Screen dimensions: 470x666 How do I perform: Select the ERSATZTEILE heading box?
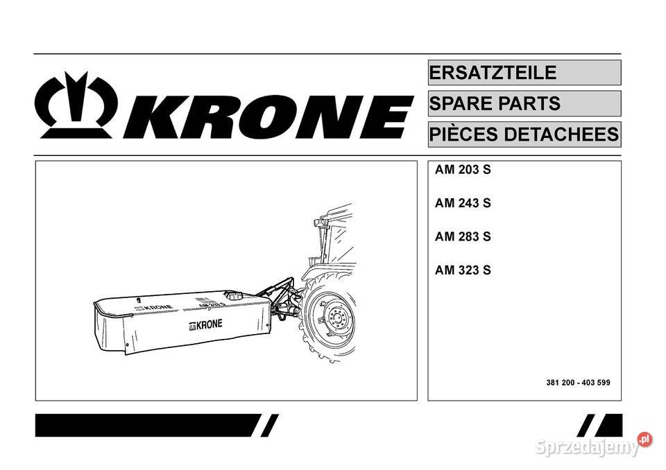tap(524, 73)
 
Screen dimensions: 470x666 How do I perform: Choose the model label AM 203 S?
tap(463, 170)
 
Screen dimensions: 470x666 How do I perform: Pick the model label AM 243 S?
tap(463, 203)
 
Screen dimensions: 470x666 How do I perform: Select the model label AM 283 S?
tap(463, 236)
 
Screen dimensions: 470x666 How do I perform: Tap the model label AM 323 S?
tap(463, 270)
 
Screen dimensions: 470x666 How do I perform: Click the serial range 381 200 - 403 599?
tap(578, 383)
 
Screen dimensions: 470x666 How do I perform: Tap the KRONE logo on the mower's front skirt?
tap(202, 326)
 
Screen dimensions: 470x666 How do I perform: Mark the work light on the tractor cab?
tap(320, 223)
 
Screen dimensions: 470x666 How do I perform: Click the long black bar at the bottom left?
tap(146, 425)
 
